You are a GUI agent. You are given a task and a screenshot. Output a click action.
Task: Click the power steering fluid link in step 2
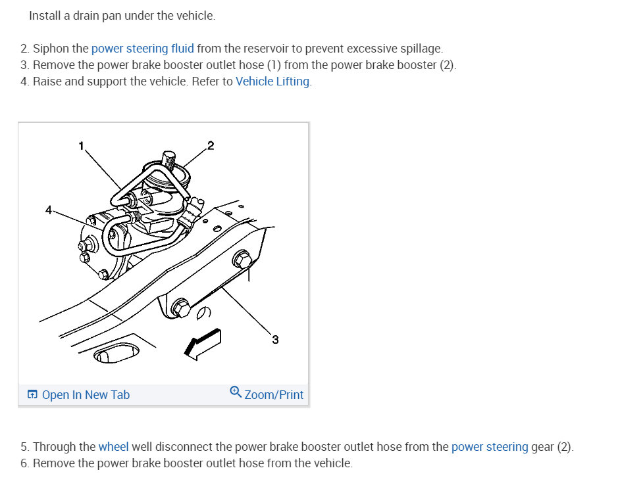142,49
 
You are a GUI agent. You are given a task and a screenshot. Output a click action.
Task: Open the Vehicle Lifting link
272,81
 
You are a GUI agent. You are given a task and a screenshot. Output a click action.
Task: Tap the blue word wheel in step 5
113,447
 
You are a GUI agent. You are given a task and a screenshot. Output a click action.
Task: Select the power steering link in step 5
490,447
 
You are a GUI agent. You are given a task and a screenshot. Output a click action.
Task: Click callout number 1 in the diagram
82,146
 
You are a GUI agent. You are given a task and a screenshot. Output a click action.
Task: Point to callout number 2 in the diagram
211,145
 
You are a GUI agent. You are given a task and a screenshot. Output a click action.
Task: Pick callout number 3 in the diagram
275,339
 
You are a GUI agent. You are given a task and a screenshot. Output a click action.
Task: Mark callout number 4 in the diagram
48,210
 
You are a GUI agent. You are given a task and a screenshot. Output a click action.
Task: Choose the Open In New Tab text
86,395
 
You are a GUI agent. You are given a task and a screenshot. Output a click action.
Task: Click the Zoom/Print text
274,395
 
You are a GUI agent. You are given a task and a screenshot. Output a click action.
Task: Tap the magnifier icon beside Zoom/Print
236,392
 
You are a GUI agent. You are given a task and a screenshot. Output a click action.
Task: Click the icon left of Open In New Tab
32,395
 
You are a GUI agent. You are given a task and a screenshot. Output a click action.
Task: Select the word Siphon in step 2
51,49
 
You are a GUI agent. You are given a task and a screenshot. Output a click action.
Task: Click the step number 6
24,463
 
